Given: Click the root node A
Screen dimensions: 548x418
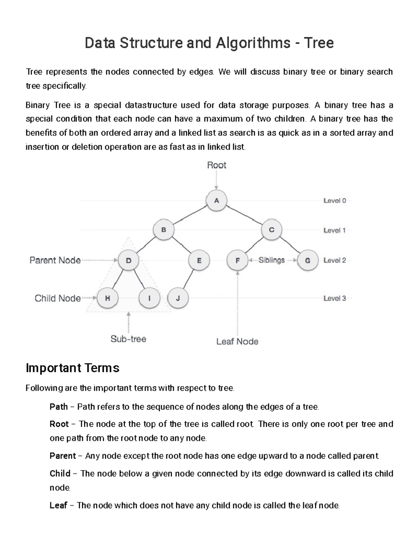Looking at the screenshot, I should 216,200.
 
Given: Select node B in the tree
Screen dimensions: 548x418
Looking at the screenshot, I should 163,230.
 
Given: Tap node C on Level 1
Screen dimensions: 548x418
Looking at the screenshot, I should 271,230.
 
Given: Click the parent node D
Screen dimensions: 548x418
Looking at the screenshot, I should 129,260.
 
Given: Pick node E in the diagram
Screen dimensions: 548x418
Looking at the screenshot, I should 199,260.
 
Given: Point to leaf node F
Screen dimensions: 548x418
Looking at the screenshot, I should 238,260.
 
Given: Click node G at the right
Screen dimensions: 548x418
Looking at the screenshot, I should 308,260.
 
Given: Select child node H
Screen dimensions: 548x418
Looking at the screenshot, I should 107,298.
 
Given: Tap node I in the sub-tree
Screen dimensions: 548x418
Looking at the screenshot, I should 149,298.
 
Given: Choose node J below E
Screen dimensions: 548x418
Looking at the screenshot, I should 178,298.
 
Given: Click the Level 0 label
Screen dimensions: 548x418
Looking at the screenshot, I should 334,200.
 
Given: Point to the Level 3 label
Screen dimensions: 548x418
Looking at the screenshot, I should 334,298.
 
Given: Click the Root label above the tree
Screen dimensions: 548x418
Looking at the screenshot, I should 216,165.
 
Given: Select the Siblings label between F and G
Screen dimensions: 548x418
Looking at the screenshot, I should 271,260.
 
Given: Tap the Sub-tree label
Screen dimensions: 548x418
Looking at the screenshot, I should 128,339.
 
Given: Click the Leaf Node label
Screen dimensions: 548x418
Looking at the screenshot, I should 237,342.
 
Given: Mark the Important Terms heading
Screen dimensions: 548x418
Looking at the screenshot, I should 72,368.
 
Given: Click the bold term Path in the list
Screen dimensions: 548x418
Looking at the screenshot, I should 59,407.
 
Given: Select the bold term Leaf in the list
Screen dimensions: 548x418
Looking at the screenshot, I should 58,505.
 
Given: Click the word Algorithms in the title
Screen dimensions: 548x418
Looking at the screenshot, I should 253,43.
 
